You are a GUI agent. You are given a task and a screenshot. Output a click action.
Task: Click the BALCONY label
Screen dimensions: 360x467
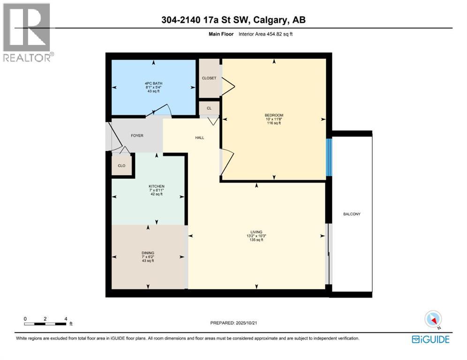coord(351,214)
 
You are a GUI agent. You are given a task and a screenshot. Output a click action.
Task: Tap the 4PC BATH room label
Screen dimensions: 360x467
coord(153,87)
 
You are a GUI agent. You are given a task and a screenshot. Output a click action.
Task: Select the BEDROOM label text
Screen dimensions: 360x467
coord(274,119)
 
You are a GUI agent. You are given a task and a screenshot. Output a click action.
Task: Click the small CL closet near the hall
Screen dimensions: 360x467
coord(209,108)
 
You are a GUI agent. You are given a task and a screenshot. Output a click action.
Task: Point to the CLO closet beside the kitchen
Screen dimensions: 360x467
coord(121,165)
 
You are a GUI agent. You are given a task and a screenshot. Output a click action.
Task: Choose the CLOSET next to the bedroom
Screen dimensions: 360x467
coord(209,78)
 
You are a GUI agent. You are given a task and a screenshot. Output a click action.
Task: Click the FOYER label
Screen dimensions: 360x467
coord(137,135)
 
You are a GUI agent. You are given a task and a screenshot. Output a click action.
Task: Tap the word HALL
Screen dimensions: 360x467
coord(199,137)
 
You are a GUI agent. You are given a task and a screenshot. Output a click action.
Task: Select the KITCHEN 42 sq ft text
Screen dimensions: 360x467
coord(157,190)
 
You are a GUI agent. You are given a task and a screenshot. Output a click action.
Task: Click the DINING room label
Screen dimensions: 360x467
coord(148,257)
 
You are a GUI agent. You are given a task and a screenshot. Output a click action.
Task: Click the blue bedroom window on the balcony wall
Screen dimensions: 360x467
coord(329,157)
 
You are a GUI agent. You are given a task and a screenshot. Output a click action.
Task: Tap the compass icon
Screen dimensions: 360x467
coord(433,319)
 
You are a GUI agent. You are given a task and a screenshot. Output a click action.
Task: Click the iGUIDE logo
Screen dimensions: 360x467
coord(430,339)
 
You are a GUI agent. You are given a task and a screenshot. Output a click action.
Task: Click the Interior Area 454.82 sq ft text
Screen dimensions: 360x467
coord(266,34)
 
